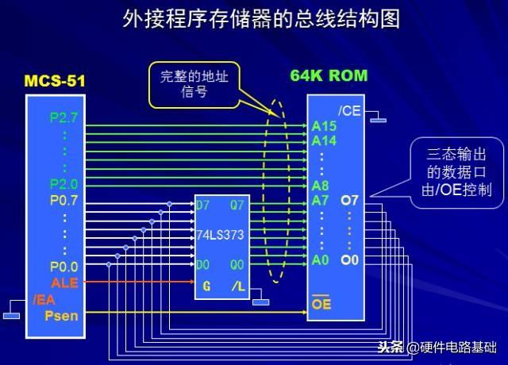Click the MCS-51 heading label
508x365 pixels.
54,81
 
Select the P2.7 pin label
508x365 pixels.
63,118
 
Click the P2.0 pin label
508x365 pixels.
63,183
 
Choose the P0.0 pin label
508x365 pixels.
63,267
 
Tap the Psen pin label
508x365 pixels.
60,316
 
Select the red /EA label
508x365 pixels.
44,300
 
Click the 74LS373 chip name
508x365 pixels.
221,235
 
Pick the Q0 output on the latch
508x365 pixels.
238,263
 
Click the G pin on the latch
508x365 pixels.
206,286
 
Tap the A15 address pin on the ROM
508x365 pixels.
324,125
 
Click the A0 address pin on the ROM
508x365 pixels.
321,260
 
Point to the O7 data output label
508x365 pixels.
350,199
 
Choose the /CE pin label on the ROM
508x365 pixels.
349,110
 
